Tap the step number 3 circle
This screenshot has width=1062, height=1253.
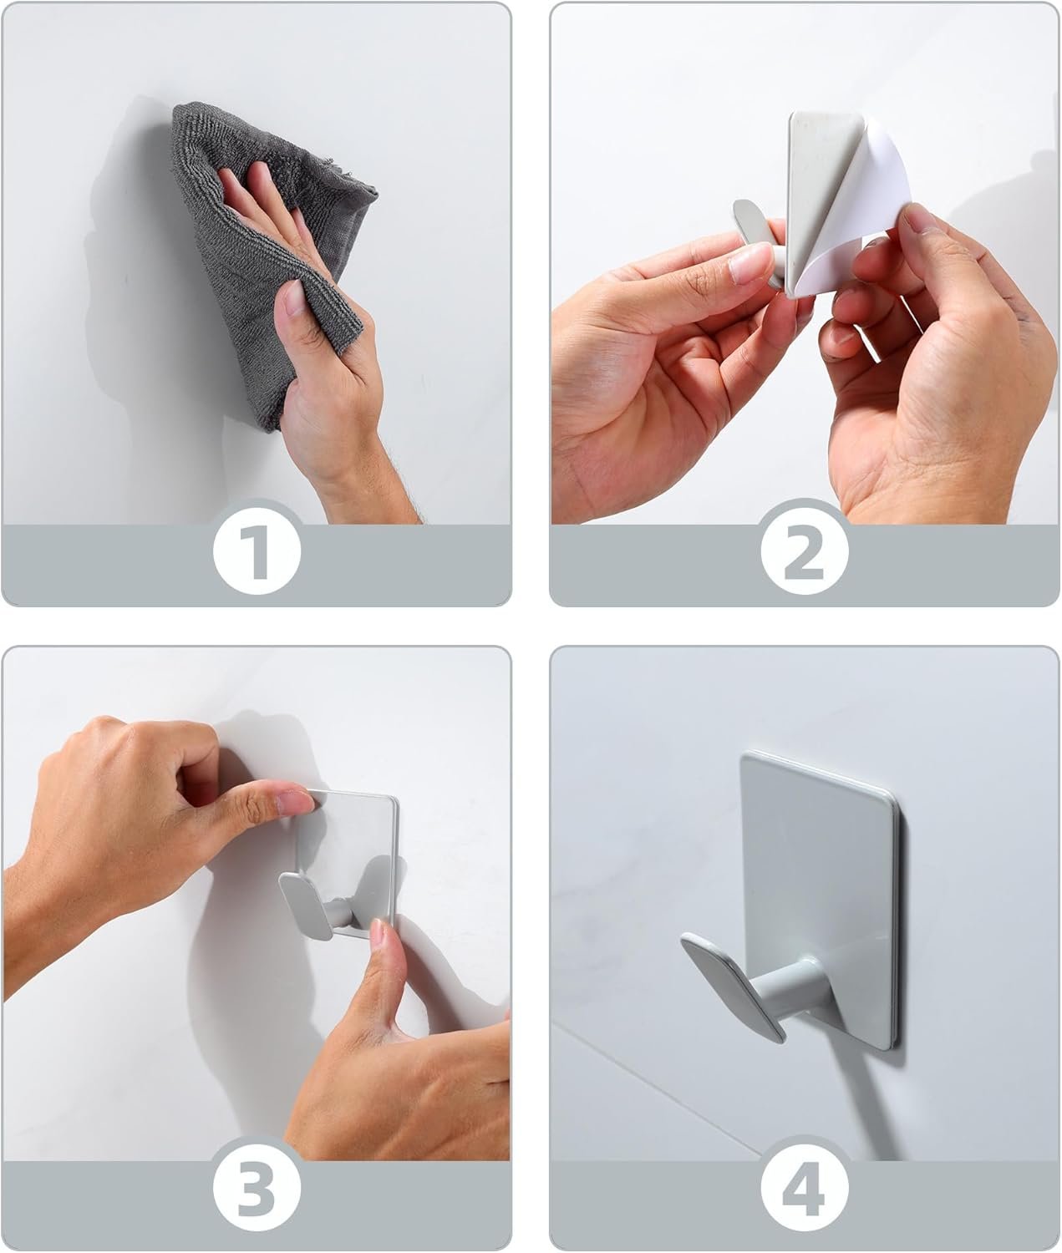tap(256, 1187)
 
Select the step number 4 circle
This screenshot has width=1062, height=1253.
tap(805, 1187)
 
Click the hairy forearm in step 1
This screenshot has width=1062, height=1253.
tap(368, 476)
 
